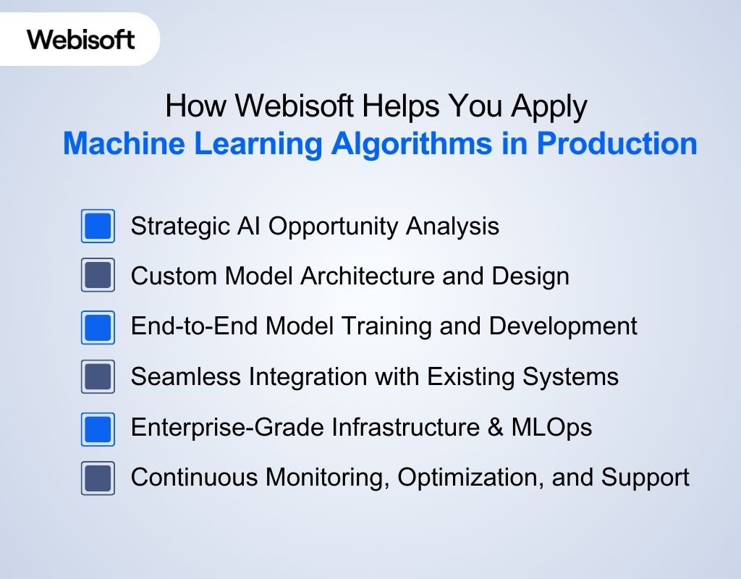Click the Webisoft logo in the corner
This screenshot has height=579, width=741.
[x=80, y=39]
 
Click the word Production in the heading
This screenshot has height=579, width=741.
[x=617, y=143]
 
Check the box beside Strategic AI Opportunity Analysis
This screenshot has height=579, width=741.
[x=98, y=227]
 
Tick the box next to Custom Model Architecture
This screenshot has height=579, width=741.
[x=98, y=276]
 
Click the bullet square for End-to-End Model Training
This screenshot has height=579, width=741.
[x=98, y=327]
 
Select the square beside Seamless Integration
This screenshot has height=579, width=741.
[x=98, y=377]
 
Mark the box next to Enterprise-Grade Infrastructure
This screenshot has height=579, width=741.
[x=98, y=428]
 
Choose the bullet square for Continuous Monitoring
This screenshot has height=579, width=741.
[x=98, y=478]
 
